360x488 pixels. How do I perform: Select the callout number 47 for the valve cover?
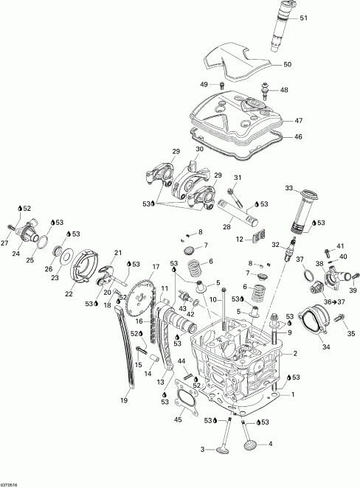pyautogui.click(x=299, y=120)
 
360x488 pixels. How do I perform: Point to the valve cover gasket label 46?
pyautogui.click(x=299, y=136)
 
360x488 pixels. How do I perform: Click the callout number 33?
pyautogui.click(x=288, y=188)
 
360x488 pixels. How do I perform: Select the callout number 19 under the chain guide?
pyautogui.click(x=124, y=400)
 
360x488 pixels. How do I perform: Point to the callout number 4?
pyautogui.click(x=270, y=444)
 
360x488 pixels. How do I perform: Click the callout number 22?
pyautogui.click(x=69, y=294)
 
